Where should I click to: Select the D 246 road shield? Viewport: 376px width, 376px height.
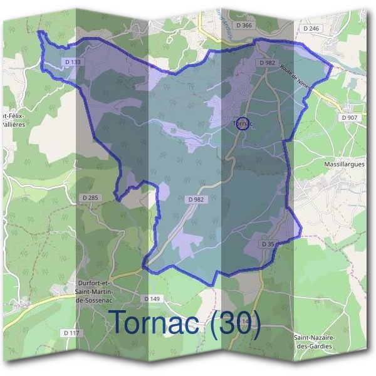311,28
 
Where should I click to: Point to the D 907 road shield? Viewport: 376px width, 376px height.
350,117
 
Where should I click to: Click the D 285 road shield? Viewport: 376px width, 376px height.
91,198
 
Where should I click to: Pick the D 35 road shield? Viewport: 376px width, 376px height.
267,244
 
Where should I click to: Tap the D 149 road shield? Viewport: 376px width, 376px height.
154,299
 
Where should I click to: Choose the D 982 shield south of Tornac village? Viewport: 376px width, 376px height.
196,199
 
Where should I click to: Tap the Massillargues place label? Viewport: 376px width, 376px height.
344,164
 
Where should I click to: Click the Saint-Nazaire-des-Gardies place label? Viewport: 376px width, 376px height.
315,342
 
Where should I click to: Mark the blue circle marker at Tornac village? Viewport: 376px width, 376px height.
244,123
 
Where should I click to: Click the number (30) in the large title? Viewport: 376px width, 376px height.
234,322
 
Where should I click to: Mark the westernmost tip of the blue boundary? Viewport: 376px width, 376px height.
38,31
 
